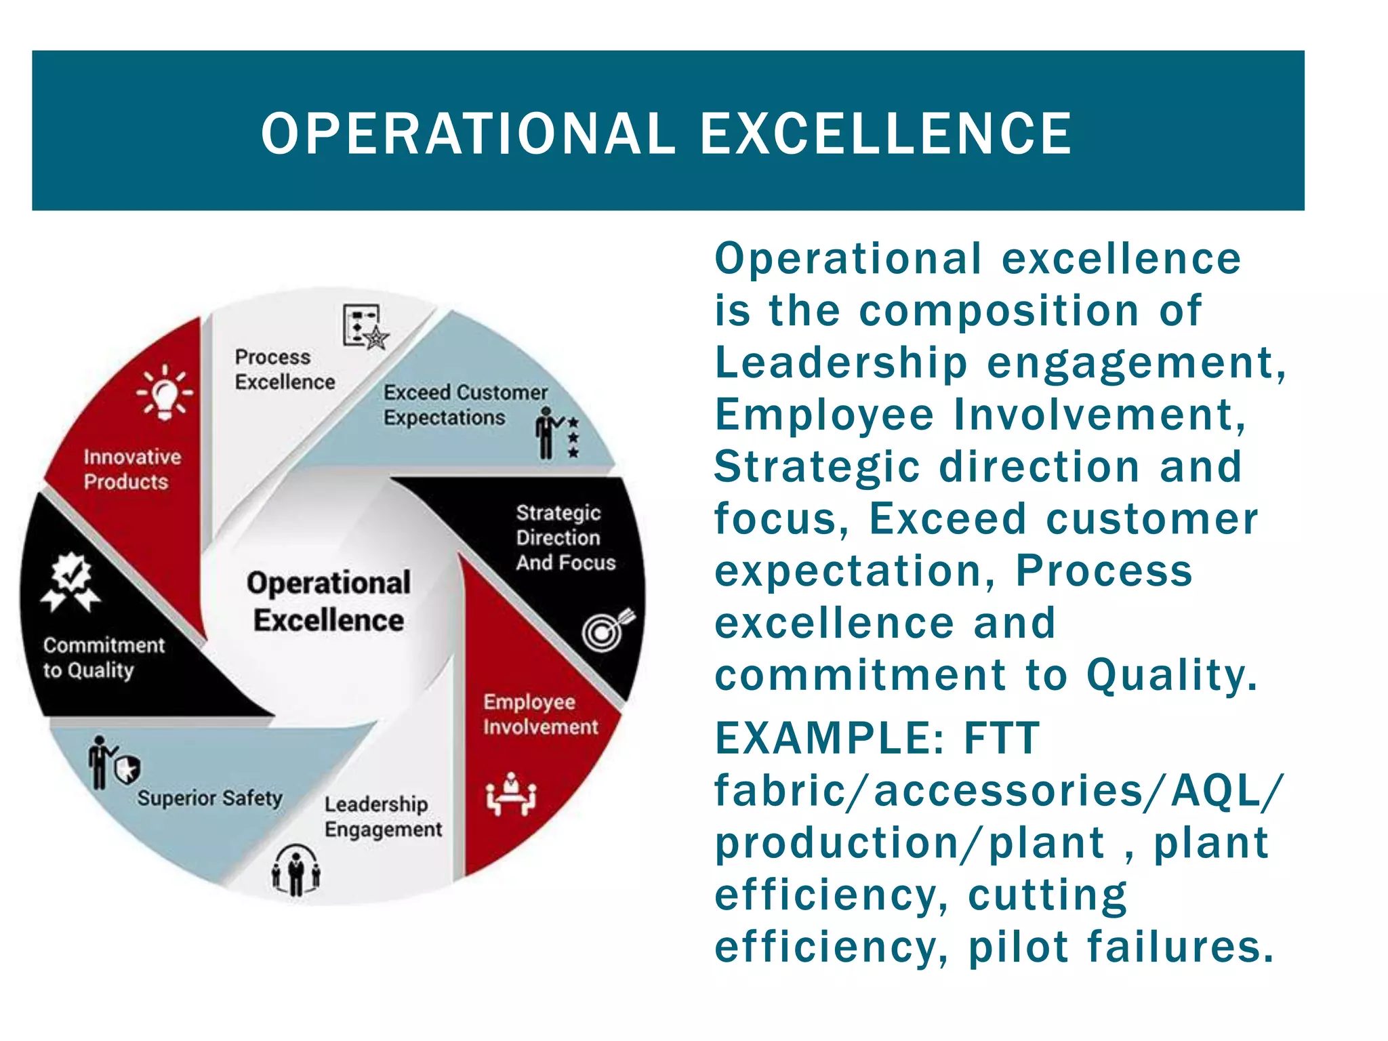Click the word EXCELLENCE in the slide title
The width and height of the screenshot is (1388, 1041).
886,134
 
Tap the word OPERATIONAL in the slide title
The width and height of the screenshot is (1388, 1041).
468,134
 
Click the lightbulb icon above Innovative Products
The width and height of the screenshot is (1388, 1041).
165,392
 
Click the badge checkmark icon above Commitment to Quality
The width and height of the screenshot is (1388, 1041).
71,581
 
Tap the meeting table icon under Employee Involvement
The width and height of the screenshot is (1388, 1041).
511,794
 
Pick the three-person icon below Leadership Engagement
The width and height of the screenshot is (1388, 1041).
296,870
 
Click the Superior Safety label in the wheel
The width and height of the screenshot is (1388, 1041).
209,798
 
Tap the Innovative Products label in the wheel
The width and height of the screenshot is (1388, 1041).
132,469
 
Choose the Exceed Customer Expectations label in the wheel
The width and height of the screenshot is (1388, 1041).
465,405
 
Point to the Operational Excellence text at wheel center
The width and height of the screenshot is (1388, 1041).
329,601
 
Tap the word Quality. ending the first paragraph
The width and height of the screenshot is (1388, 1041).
1172,676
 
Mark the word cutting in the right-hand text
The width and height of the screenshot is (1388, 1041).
1047,895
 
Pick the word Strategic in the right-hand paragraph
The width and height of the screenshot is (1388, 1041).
817,467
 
